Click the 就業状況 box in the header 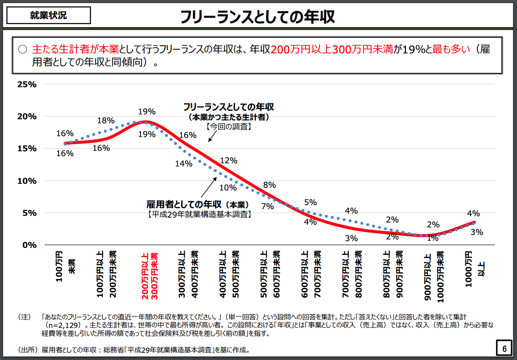pos(48,15)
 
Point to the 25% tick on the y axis pos(27,84)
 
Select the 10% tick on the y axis pos(27,181)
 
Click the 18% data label pos(106,121)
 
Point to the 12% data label pos(229,161)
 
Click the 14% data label pos(183,163)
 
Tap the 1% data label pos(432,238)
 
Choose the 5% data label pos(310,202)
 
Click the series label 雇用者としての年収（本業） pos(198,205)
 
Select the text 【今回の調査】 pos(229,126)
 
